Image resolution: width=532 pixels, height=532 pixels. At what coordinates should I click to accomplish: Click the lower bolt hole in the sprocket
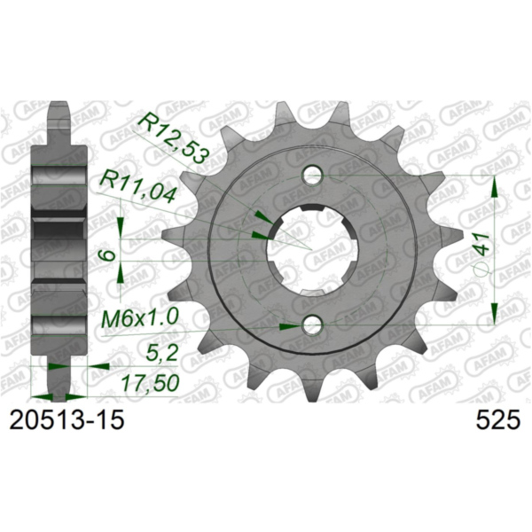point(312,326)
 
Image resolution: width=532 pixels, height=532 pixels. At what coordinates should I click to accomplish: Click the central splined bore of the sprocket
point(312,250)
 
